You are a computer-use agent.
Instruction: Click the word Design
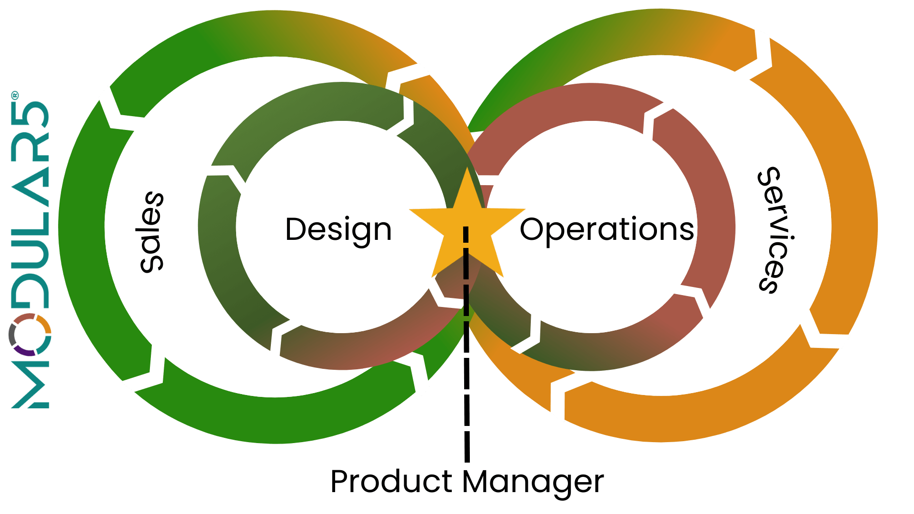pyautogui.click(x=338, y=230)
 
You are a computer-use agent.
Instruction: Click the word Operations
pyautogui.click(x=607, y=230)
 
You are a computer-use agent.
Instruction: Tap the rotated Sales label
pyautogui.click(x=152, y=232)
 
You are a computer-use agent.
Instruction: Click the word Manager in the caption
pyautogui.click(x=533, y=483)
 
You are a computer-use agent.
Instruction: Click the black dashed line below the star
pyautogui.click(x=467, y=344)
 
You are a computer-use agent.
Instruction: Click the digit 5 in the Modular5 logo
pyautogui.click(x=30, y=114)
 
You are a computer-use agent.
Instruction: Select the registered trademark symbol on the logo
pyautogui.click(x=15, y=95)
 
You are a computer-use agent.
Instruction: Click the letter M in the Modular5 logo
pyautogui.click(x=30, y=385)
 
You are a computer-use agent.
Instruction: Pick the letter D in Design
pyautogui.click(x=296, y=229)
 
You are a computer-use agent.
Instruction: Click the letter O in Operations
pyautogui.click(x=533, y=229)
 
